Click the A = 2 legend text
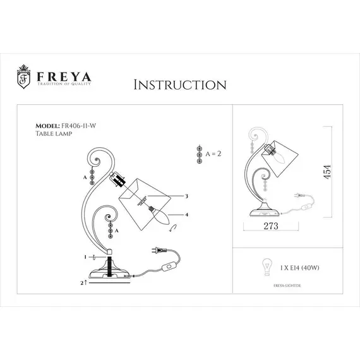[x=211, y=153]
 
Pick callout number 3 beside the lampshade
[x=187, y=196]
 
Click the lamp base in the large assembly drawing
[x=111, y=273]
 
